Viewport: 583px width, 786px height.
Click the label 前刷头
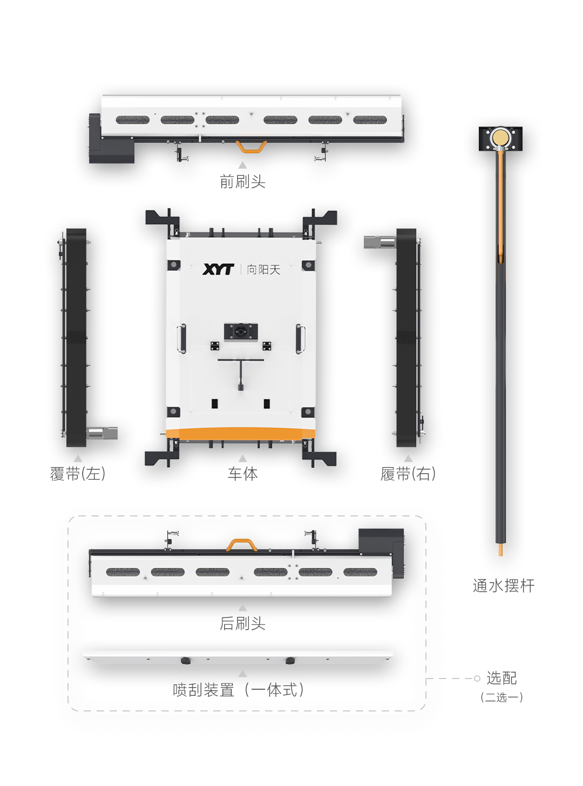point(242,182)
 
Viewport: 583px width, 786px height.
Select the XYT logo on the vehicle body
point(218,269)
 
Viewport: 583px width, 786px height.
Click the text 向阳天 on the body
point(263,270)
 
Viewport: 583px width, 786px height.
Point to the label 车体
point(242,474)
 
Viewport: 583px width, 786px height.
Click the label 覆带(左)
point(78,474)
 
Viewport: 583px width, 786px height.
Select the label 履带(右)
point(408,474)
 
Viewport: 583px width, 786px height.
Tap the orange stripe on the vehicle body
point(241,433)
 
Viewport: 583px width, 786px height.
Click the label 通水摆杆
point(503,586)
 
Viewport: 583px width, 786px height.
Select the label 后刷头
point(242,623)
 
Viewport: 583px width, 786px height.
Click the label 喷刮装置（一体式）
point(239,690)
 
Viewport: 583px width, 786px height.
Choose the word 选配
point(501,678)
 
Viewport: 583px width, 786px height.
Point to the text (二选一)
point(501,697)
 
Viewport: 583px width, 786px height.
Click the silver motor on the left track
point(102,433)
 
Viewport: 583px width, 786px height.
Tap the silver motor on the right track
point(379,242)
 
